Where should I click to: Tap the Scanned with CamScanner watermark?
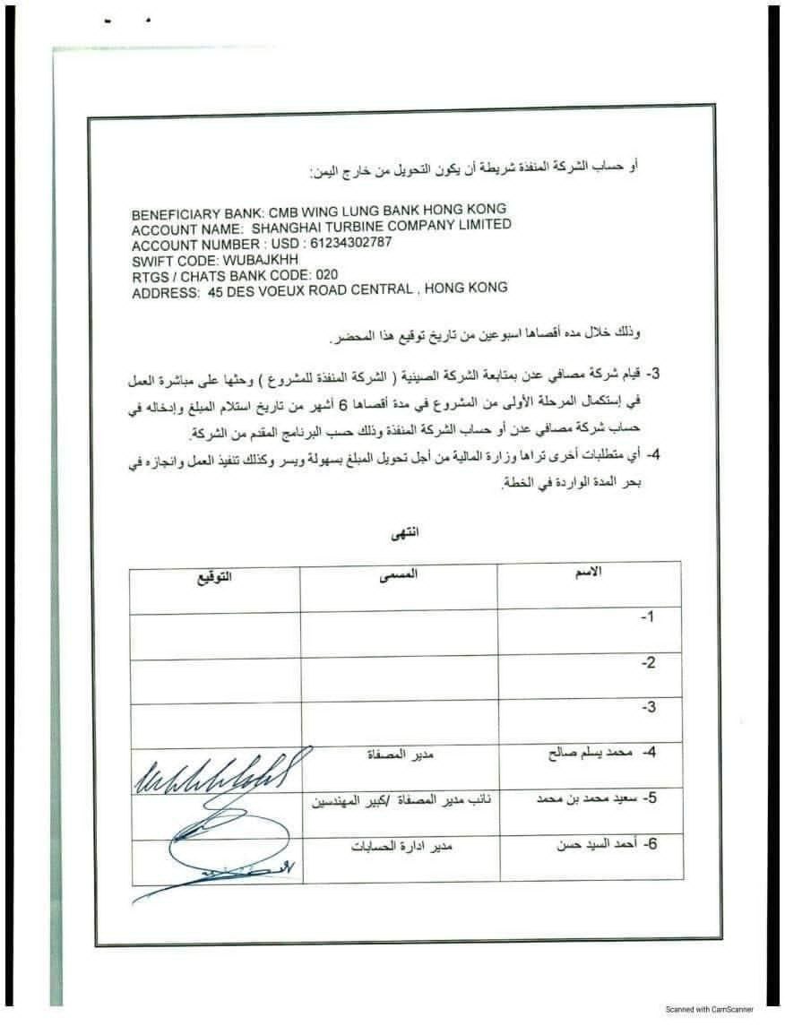(709, 1008)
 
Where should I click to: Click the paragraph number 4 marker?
(654, 454)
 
